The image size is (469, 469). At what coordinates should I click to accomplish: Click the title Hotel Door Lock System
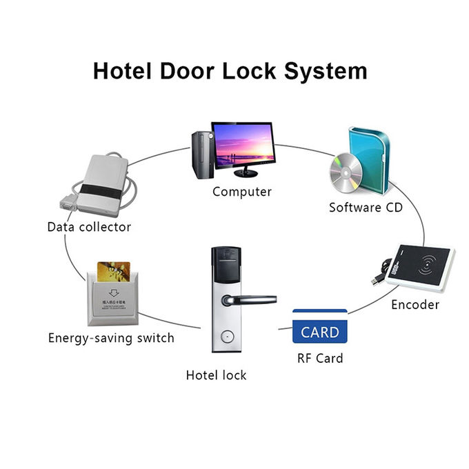(x=230, y=71)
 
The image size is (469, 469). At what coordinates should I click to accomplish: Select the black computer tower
(x=200, y=154)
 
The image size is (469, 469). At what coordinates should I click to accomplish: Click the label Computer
(x=241, y=192)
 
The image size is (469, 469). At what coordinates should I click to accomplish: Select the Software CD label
(x=365, y=207)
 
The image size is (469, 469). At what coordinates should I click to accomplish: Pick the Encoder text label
(x=415, y=304)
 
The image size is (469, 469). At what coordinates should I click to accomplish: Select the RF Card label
(x=319, y=358)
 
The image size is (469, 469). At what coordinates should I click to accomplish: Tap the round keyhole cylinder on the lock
(x=224, y=338)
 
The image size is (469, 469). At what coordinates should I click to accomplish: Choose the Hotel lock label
(x=216, y=375)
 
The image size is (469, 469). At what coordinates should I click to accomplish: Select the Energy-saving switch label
(x=111, y=338)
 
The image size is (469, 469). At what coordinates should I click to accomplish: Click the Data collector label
(x=89, y=227)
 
